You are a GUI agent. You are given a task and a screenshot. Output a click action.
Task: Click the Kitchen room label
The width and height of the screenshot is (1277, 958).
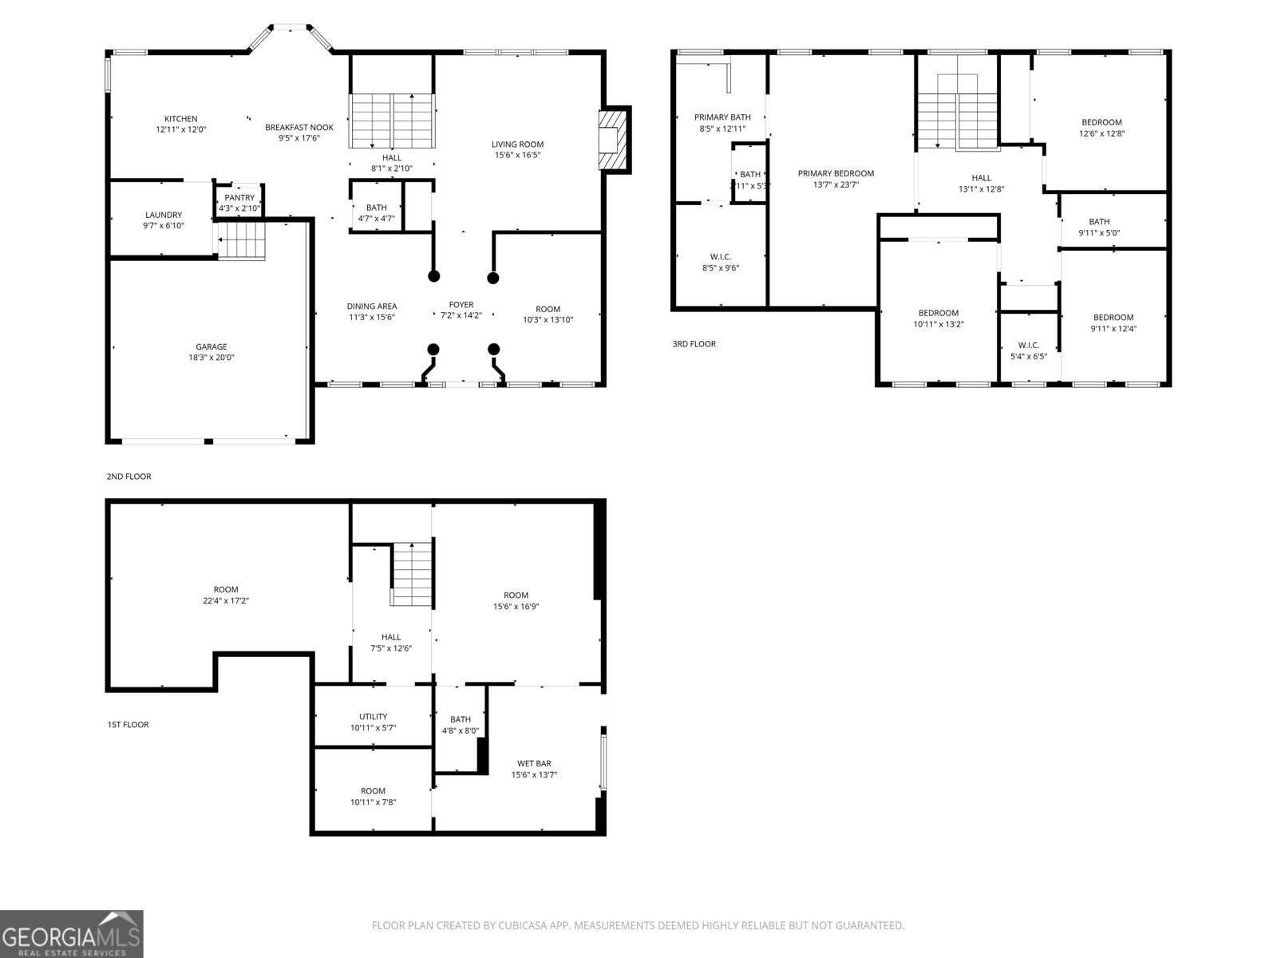point(181,119)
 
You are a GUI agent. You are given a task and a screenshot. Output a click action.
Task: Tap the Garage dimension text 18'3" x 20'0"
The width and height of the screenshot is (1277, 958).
point(212,358)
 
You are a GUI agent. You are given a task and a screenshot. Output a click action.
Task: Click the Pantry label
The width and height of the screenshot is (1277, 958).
point(239,198)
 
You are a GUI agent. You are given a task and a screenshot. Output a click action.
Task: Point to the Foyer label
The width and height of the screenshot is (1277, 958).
point(461,305)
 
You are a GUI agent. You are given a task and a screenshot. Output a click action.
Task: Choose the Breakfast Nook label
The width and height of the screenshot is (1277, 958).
point(299,127)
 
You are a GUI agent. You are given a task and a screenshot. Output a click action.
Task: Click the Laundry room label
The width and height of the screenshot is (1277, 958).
point(164,215)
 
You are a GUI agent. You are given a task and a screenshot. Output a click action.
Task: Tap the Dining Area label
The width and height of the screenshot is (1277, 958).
point(372,307)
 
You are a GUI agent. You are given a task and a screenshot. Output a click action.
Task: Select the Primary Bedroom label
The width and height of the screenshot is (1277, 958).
point(836,173)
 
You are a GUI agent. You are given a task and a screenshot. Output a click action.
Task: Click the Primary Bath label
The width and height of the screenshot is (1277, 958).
point(722,117)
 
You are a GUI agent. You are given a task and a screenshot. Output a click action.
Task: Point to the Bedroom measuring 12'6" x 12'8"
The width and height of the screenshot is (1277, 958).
point(1101,122)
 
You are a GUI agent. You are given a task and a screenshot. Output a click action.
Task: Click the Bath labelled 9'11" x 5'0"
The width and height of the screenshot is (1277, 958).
point(1099,222)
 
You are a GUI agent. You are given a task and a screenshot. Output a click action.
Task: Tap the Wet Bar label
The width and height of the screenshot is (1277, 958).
point(534,764)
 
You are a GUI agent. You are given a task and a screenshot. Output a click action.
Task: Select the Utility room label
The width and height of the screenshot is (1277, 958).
point(374,716)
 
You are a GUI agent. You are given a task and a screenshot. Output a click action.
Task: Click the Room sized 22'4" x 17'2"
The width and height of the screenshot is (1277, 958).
point(226,590)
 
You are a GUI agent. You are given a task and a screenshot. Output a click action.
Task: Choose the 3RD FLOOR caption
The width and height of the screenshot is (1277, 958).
point(694,344)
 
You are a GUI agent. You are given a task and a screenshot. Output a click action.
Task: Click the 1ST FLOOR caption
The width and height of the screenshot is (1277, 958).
point(128,725)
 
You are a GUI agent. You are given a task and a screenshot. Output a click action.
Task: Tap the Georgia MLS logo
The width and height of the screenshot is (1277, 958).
point(72,934)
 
